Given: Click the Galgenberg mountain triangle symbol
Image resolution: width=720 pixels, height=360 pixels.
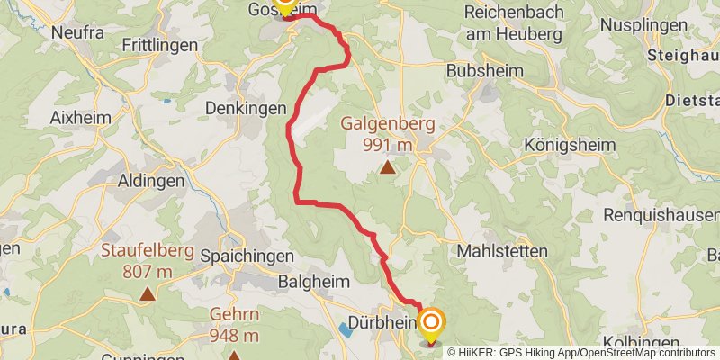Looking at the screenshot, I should coord(387,166).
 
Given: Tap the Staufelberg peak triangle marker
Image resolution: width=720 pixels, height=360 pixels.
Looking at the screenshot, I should coord(148,292).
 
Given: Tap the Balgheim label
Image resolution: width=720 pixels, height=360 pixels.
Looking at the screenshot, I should coord(314,282).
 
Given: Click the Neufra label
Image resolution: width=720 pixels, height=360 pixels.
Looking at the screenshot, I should coord(78,32).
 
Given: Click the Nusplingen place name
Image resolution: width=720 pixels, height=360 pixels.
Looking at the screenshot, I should coord(679,14).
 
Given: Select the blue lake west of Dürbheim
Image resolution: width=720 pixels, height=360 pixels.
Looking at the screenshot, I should coord(346,329).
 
